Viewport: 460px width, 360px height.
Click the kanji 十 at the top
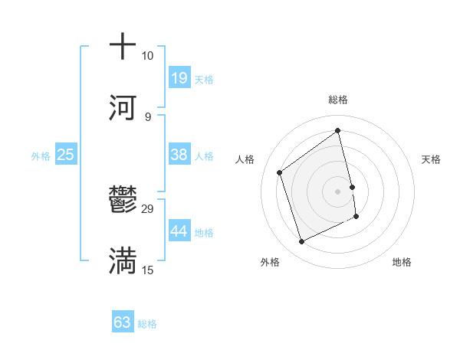(123, 47)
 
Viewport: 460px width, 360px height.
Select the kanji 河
(123, 107)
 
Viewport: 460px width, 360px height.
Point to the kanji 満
(123, 261)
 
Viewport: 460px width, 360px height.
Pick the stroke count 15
(148, 270)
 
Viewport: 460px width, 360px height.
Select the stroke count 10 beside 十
(148, 56)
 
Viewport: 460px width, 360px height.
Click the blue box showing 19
(179, 78)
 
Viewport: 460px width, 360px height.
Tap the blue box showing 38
(179, 155)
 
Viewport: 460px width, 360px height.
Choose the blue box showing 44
(179, 231)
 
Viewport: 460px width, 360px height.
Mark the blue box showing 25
(66, 155)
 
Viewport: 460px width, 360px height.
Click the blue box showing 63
(123, 322)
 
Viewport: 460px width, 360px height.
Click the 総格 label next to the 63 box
(148, 324)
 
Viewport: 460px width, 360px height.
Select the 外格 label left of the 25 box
(41, 156)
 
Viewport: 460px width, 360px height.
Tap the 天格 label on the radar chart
(431, 159)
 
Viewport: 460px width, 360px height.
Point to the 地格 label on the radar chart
(402, 262)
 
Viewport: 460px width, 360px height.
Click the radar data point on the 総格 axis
(337, 130)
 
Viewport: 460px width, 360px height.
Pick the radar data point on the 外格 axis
(301, 242)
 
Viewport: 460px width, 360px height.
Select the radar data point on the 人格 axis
(279, 172)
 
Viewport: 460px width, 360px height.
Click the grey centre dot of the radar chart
(337, 191)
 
